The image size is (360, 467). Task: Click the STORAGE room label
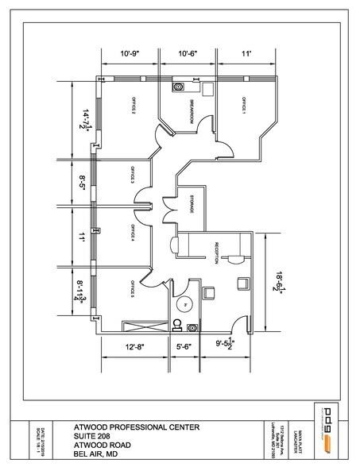[191, 203]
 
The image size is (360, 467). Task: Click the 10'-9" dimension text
[130, 54]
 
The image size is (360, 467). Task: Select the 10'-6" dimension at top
[188, 54]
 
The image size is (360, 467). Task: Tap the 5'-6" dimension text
[184, 346]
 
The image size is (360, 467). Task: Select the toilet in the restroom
[176, 323]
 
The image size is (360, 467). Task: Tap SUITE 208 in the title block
[94, 435]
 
